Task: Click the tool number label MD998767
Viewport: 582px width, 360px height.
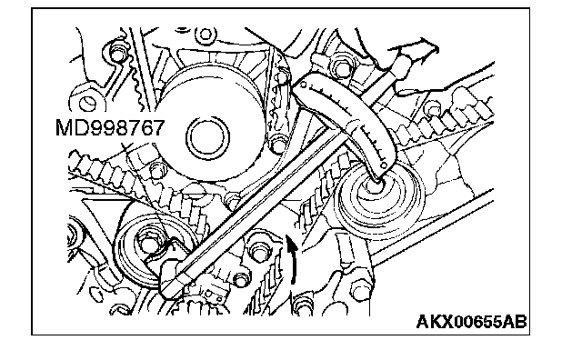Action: tap(110, 128)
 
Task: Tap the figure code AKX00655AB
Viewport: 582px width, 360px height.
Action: tap(471, 322)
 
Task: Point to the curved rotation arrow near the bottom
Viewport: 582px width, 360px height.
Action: tap(293, 260)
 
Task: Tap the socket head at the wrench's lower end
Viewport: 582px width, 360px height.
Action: tap(172, 279)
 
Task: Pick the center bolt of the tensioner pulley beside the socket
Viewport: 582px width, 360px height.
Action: tap(149, 243)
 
